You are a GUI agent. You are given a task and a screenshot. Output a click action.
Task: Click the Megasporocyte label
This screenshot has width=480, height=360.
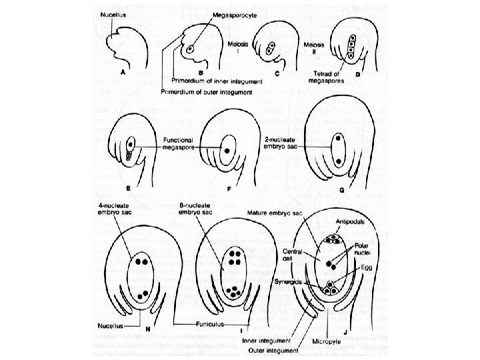228,13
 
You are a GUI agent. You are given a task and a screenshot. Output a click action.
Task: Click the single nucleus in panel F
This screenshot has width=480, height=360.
229,150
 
